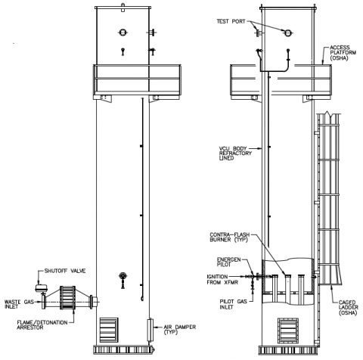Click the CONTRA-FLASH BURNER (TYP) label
coord(226,239)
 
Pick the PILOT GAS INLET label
coord(224,302)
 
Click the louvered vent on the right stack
coord(287,330)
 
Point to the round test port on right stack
coord(288,32)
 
